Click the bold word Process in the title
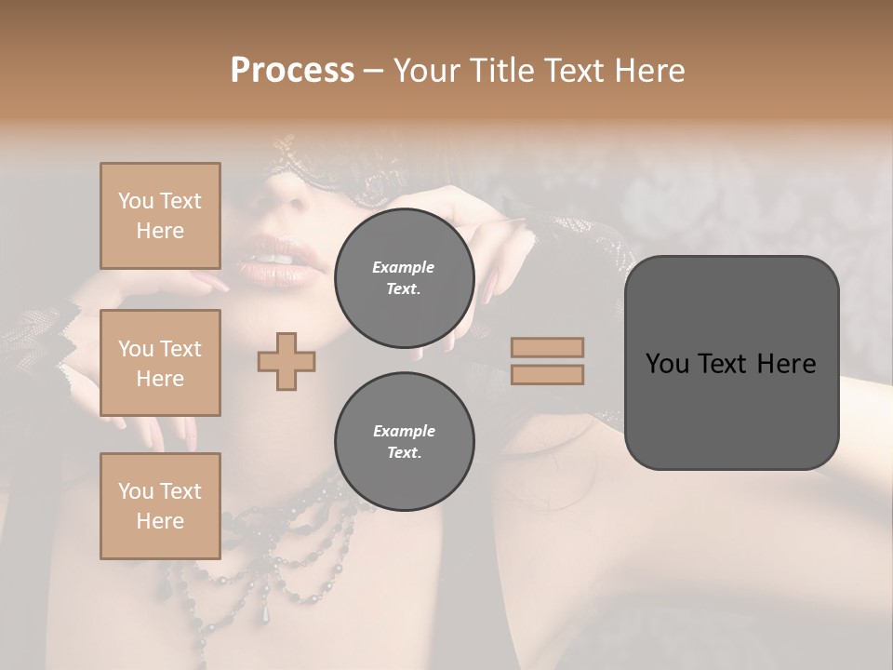coord(292,71)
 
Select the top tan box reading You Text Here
coord(160,216)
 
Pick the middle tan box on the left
coord(160,363)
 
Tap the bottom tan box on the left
coord(160,506)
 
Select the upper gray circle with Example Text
coord(404,278)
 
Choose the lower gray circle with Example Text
coord(404,442)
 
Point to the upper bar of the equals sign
coord(547,347)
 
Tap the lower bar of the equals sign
coord(547,374)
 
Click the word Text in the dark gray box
coord(731,363)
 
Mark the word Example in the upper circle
coord(403,267)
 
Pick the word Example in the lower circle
coord(404,431)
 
